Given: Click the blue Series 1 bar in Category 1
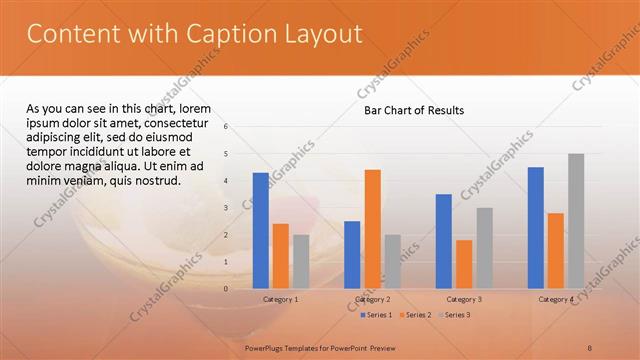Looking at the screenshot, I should click(x=260, y=231).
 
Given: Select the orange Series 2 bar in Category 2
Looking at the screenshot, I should click(x=372, y=229).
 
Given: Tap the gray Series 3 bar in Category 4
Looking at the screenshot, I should click(x=576, y=221).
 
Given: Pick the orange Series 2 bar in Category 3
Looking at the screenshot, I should click(x=464, y=264).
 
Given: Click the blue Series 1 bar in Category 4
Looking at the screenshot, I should click(x=536, y=228).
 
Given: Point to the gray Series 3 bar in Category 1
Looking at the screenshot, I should click(x=301, y=262).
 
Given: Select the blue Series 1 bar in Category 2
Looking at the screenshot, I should click(x=352, y=255).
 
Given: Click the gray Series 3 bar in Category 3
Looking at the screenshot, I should click(x=484, y=248).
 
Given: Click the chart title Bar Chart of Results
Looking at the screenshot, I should click(x=413, y=110).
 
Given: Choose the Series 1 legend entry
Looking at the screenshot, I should click(x=377, y=315).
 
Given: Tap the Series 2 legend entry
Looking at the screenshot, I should click(x=416, y=315).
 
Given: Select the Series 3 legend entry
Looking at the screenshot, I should click(x=455, y=315).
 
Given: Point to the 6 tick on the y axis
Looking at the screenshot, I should click(x=227, y=127).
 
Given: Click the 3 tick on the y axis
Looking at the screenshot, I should click(x=227, y=208).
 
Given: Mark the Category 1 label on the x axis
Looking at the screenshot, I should click(x=280, y=299).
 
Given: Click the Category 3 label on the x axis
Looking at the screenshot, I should click(x=464, y=299).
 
